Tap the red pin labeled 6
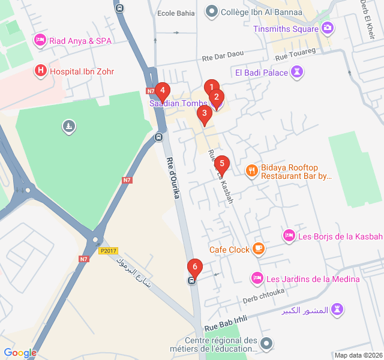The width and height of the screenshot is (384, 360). (x=194, y=267)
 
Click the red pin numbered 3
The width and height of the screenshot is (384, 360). (x=204, y=113)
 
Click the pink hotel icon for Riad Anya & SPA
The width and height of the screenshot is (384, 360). (x=40, y=40)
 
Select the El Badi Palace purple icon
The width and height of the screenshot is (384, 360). (x=296, y=73)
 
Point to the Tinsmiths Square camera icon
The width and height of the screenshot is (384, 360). (x=328, y=28)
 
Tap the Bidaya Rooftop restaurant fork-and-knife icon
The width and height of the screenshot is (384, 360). (x=251, y=170)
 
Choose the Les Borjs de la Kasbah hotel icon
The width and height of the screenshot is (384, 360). (x=289, y=236)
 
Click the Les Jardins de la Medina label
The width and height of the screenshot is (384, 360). (x=313, y=278)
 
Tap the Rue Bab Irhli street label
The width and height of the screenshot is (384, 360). (x=226, y=325)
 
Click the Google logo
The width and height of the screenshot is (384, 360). (x=20, y=353)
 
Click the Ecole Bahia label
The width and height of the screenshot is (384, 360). (x=175, y=13)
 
